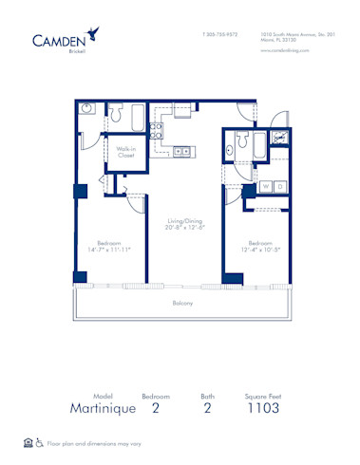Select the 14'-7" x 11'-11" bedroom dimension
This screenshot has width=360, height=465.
[x=106, y=249]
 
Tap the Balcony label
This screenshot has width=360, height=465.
[x=182, y=303]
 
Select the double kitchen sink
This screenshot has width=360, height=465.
[x=180, y=149]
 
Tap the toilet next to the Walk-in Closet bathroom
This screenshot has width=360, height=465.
[x=116, y=116]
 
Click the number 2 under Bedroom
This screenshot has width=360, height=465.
[x=155, y=408]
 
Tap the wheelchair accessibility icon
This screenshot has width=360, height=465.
[x=41, y=443]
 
